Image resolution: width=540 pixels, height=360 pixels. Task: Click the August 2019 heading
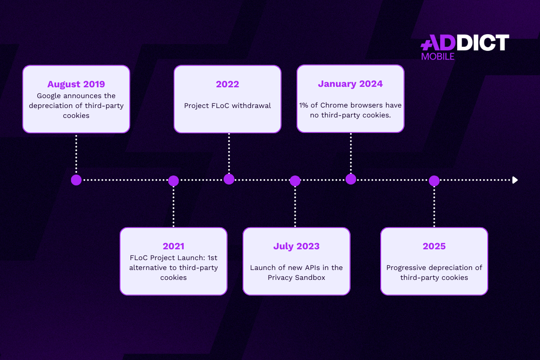coord(76,85)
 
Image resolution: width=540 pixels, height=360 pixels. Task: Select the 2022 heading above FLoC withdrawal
coord(227,84)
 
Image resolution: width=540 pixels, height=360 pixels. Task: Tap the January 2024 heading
coord(350,84)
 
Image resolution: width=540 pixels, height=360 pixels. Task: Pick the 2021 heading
coord(173,246)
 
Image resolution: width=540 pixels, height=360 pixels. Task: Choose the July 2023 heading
coord(296,247)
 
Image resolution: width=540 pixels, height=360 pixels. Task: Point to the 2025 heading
coord(434,246)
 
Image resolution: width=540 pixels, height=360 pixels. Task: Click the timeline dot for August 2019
coord(76,180)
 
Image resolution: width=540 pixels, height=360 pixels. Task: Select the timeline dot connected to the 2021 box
coord(173,181)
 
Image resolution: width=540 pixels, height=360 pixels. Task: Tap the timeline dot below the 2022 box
coord(229,179)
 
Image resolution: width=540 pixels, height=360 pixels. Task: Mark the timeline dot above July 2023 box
coord(295,181)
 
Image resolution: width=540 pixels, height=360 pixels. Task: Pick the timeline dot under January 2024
coord(351,179)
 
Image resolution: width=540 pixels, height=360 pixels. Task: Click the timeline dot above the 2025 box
coord(434,181)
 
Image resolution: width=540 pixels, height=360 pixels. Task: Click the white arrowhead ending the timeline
coord(515,180)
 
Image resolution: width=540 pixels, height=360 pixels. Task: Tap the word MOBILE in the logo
coord(438,57)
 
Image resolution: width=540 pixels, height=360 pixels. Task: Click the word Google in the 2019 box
coord(49,96)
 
